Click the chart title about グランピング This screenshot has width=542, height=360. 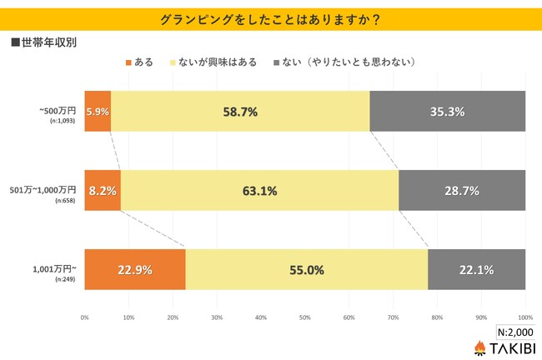point(270,17)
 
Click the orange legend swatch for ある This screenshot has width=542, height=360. point(128,62)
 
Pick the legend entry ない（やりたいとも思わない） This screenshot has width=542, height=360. point(360,62)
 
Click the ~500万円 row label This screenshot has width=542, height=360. point(58,108)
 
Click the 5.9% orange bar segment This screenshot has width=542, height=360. point(98,111)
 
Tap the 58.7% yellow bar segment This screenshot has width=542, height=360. point(239,111)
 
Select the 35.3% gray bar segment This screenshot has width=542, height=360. point(447,111)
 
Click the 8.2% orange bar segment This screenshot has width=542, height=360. point(103,190)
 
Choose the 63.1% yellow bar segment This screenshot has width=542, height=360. point(259,190)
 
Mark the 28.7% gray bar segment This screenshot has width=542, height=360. point(462,190)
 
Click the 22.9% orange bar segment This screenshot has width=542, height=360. point(135,269)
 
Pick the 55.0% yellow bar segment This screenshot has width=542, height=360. point(306,269)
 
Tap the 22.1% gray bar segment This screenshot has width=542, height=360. point(476,269)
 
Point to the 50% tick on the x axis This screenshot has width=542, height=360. point(305,317)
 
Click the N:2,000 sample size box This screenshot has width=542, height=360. point(517,330)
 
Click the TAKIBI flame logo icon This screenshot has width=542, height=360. point(480,347)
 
